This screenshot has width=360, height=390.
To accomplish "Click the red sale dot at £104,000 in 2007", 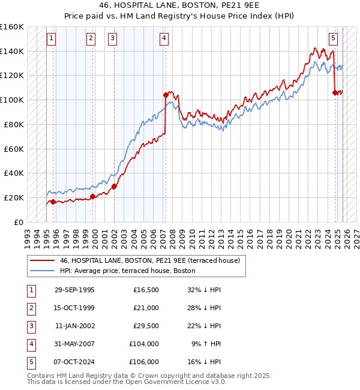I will pos(165,94).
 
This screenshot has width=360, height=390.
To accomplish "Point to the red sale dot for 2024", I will pos(335,92).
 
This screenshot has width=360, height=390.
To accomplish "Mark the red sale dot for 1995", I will pos(53,202).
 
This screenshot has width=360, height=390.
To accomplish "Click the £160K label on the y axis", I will pos(12,27).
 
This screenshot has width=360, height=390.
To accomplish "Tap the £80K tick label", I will pos(14,124).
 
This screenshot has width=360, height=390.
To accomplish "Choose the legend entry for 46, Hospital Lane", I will pos(149,260).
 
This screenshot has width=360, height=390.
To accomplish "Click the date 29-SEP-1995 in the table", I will pos(74,290).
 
